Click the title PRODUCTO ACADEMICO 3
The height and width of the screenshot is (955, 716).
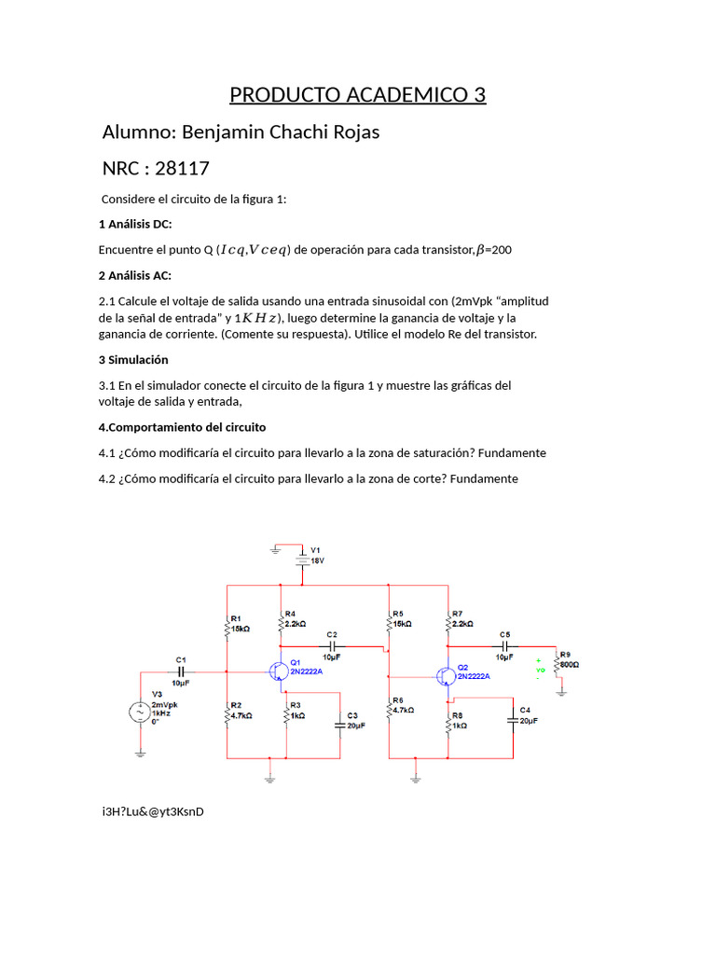(x=358, y=95)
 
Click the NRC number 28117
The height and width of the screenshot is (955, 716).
(x=182, y=169)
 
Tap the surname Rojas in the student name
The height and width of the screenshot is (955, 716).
(x=351, y=131)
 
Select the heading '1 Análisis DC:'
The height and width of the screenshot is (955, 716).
(x=135, y=225)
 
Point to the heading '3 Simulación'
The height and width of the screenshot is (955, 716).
(x=133, y=359)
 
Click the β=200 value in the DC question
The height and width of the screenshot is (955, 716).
(x=494, y=250)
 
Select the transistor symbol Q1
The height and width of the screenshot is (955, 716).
(x=279, y=671)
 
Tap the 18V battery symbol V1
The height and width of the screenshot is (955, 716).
(x=303, y=559)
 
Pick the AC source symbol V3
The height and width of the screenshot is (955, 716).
(x=140, y=713)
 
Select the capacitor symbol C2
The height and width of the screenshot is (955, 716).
(x=333, y=645)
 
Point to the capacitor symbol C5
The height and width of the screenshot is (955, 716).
(x=504, y=645)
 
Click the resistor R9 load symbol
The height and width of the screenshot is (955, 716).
(x=557, y=665)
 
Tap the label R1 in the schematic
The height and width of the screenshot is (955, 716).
(x=236, y=618)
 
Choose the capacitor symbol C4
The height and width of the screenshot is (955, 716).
(x=513, y=719)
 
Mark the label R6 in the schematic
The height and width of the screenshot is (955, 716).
(x=397, y=699)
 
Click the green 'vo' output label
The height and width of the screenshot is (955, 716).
(x=540, y=670)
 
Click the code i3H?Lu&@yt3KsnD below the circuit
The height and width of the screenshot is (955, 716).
(x=153, y=810)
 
